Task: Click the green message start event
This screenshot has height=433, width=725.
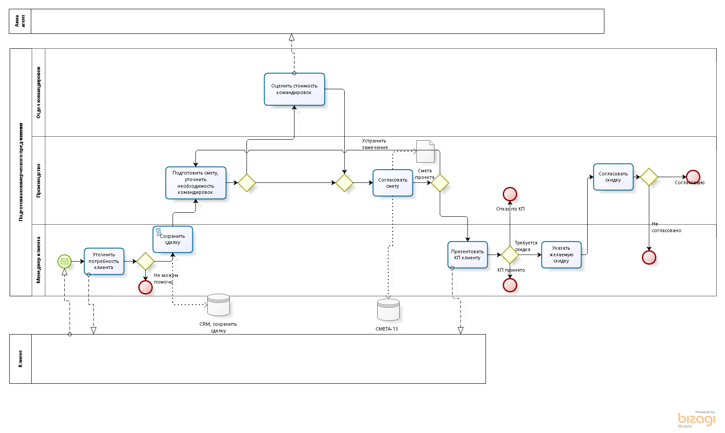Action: click(x=64, y=261)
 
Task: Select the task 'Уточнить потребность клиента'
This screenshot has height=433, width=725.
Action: click(x=104, y=261)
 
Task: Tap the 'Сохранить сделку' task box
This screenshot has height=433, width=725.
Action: click(x=173, y=240)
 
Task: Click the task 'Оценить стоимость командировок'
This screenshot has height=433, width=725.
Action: click(x=294, y=89)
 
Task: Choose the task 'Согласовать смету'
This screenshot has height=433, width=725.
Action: click(x=393, y=183)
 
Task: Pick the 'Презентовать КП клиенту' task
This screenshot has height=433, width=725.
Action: click(x=467, y=255)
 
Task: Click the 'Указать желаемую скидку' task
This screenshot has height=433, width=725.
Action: click(x=561, y=255)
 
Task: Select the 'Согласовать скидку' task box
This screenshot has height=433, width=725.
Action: click(x=613, y=177)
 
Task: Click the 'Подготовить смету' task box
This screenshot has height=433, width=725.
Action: click(x=196, y=183)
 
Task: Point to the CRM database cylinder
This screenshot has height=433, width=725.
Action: click(x=218, y=305)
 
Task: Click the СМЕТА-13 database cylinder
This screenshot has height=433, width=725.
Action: click(x=388, y=309)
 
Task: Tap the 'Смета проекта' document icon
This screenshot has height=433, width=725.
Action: click(x=425, y=151)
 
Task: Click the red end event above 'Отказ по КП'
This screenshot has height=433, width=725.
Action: click(x=510, y=194)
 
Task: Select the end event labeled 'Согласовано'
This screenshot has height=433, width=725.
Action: click(x=693, y=177)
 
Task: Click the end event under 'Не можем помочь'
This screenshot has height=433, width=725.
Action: click(x=145, y=287)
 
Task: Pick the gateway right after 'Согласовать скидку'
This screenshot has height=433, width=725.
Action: click(x=649, y=177)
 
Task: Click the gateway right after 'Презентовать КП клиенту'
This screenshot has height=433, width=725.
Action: click(x=510, y=255)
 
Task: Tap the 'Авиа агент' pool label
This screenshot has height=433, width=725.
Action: click(x=20, y=21)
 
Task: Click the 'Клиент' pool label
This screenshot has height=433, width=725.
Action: click(x=20, y=359)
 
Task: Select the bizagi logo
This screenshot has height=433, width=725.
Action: click(x=696, y=419)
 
